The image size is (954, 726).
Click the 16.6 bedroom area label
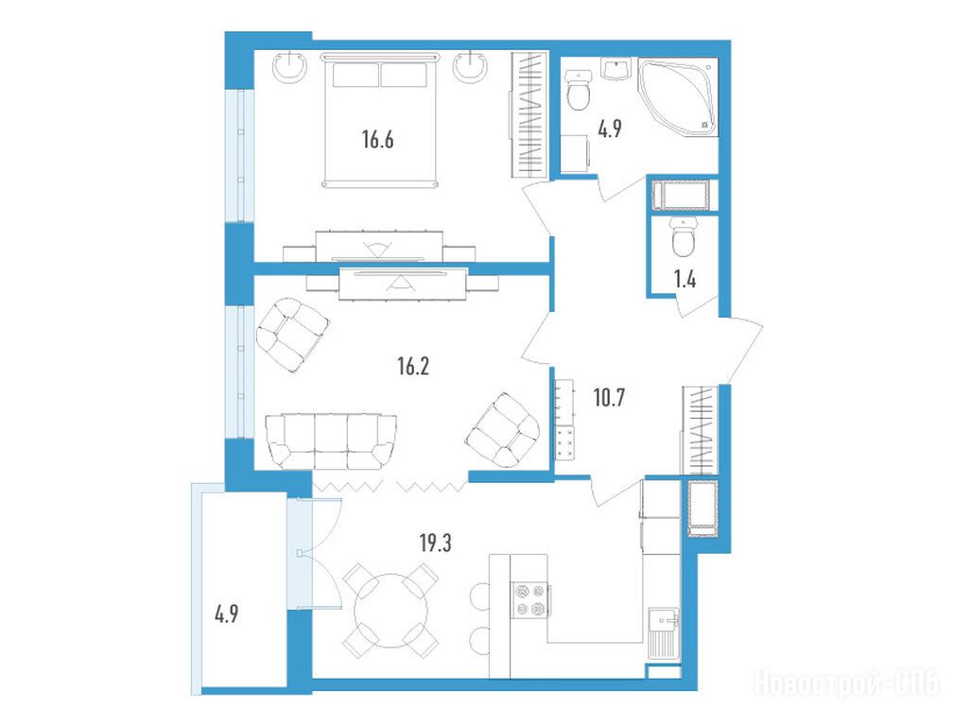[378, 140]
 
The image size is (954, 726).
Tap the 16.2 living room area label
[413, 367]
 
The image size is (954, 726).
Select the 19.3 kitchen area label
[436, 543]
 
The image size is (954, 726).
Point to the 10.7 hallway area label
[609, 398]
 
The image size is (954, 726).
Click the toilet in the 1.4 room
[685, 237]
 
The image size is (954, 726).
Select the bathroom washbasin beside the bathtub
[617, 69]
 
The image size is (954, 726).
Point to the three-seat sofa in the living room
[330, 441]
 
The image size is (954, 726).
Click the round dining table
[391, 611]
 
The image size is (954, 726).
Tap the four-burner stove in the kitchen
[529, 600]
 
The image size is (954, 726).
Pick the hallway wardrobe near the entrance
[701, 429]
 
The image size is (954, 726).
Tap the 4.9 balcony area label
[226, 614]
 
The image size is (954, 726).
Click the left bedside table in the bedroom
[290, 67]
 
